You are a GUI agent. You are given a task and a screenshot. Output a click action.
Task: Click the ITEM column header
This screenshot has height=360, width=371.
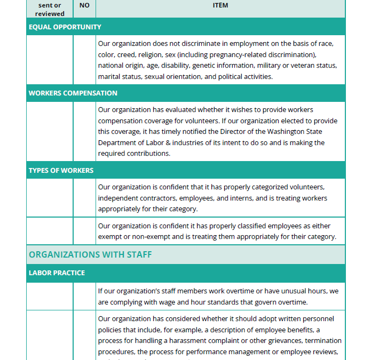coord(220,5)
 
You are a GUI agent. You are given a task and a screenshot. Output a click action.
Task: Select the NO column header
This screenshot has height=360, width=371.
coord(84,5)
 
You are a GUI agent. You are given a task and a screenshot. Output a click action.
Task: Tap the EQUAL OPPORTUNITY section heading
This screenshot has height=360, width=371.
coord(65,27)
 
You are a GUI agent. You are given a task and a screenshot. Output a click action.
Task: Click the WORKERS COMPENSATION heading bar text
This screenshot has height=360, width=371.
coord(73,93)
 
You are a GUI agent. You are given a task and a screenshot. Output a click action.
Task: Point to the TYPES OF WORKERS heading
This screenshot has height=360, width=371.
coord(61,171)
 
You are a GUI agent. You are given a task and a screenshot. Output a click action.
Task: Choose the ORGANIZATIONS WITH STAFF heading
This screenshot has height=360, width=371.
coord(90,254)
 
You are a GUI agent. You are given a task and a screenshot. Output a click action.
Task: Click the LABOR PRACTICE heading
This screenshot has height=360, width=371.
coord(57,273)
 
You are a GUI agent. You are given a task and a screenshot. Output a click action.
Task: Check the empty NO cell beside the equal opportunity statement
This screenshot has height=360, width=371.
coord(84,60)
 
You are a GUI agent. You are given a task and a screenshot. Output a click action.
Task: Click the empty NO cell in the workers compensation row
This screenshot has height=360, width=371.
coord(84,131)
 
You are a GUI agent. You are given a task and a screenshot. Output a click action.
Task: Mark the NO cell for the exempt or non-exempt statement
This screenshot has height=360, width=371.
coord(84,231)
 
